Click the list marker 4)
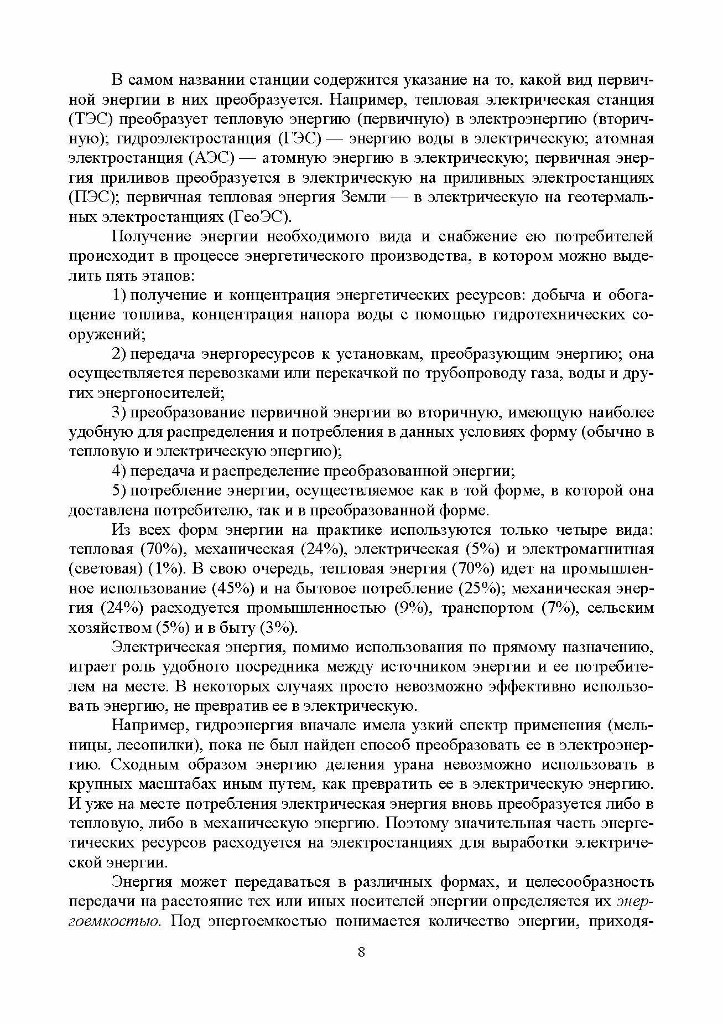120,471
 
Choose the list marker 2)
120,354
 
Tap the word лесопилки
158,745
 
